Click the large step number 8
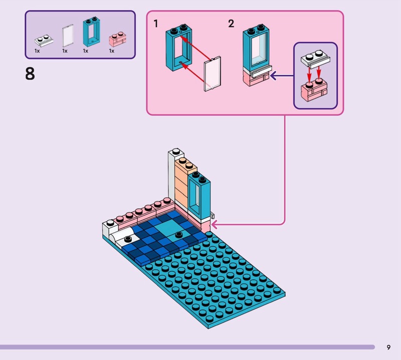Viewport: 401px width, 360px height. pyautogui.click(x=30, y=74)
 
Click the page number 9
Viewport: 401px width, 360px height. pyautogui.click(x=388, y=347)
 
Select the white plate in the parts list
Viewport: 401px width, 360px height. pyautogui.click(x=41, y=41)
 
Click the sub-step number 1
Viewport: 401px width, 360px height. pyautogui.click(x=156, y=24)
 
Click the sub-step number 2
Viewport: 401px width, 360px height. pyautogui.click(x=231, y=24)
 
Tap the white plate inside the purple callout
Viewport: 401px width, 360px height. pyautogui.click(x=314, y=60)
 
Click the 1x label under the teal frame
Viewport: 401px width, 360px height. pyautogui.click(x=85, y=51)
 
